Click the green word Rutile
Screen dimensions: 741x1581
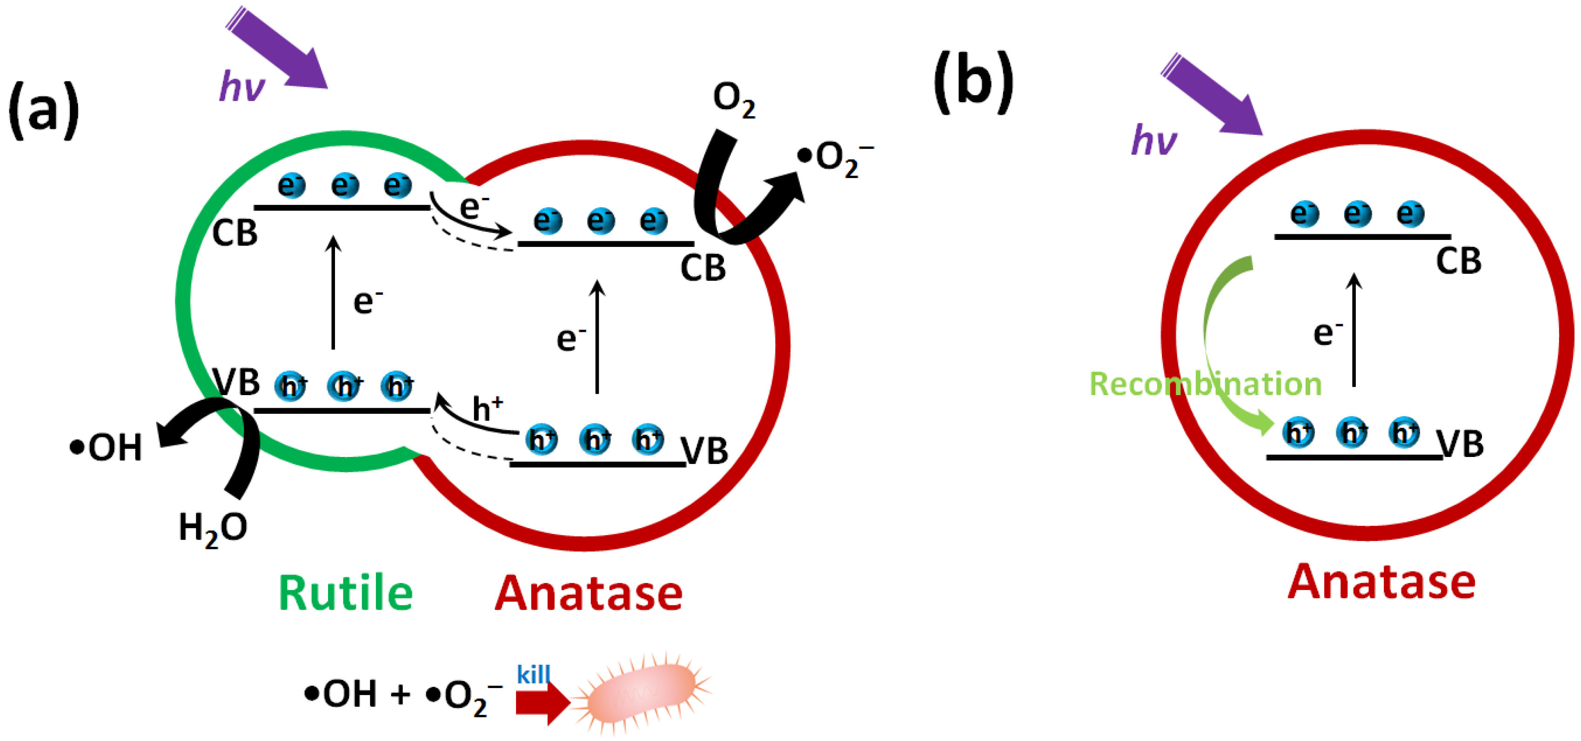[x=346, y=593]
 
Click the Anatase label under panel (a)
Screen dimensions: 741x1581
[x=589, y=593]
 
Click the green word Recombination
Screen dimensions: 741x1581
[x=1205, y=384]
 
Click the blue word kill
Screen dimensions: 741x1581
[x=533, y=674]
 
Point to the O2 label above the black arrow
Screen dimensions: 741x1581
[x=733, y=99]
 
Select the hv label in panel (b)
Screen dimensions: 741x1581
[x=1154, y=140]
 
